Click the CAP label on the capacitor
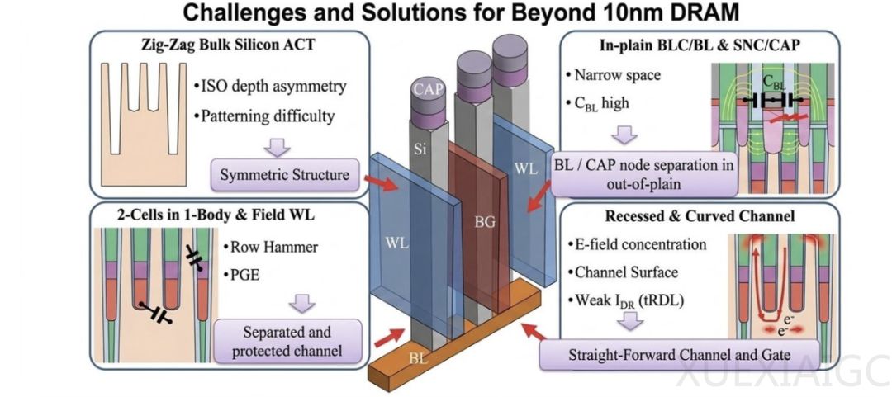click(x=429, y=88)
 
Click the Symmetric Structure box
click(x=282, y=174)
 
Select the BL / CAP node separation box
click(x=643, y=173)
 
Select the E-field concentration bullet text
click(x=638, y=244)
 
